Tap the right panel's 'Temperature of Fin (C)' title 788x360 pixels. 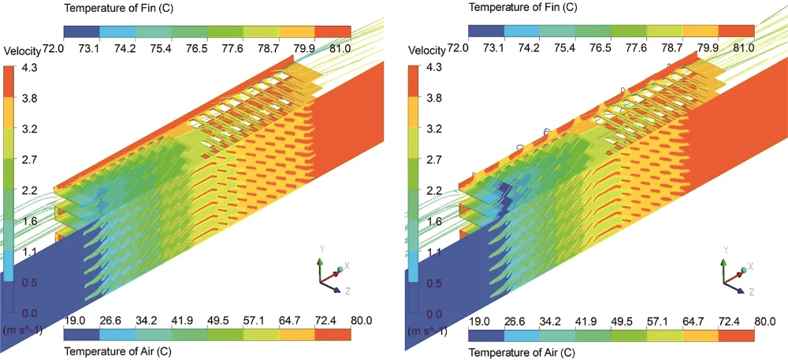point(521,7)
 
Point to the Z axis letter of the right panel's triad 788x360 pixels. point(751,292)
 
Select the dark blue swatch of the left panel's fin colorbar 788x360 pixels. point(82,32)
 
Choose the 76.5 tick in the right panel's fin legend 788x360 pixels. point(600,48)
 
